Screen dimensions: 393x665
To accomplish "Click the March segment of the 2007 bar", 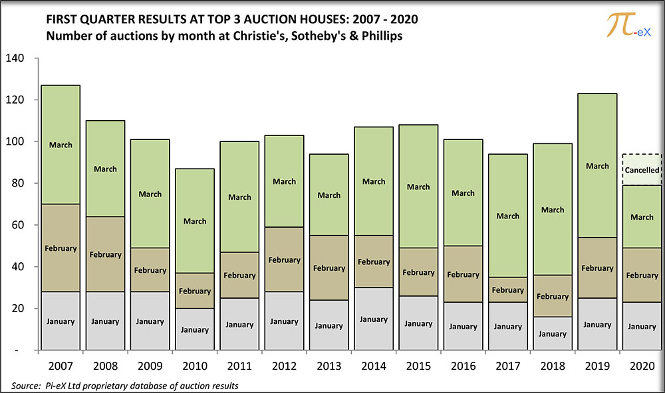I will point(61,145).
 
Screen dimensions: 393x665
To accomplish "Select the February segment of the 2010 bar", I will point(195,291).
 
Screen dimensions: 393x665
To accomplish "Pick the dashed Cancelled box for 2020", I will point(642,170).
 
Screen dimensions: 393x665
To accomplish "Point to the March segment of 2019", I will point(597,166).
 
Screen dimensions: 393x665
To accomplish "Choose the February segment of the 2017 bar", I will point(508,290).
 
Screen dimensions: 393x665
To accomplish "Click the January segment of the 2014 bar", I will point(374,319).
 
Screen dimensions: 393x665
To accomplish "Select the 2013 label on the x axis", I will point(329,366).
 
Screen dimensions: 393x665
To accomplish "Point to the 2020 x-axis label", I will point(642,366).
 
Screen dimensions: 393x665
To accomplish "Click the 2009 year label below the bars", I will point(150,366).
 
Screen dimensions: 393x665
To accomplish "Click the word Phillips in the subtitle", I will point(381,35).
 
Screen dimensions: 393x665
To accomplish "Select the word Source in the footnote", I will point(25,385).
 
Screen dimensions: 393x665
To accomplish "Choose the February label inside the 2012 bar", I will point(285,260).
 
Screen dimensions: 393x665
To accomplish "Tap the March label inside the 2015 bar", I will point(418,187).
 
